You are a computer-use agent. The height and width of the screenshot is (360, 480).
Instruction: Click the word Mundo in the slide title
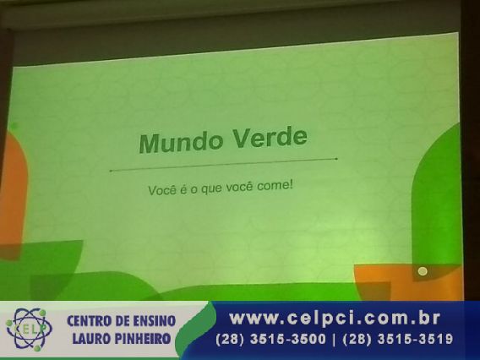tap(181, 142)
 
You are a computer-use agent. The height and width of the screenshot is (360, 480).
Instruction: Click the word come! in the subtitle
tap(275, 186)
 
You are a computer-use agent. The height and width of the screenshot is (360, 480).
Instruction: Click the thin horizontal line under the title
tap(223, 165)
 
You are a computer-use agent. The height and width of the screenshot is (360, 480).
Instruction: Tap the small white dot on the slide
tap(423, 271)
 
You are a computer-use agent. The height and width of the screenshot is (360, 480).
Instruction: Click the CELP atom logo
tap(28, 330)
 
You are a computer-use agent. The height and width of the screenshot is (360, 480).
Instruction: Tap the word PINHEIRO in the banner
tap(142, 339)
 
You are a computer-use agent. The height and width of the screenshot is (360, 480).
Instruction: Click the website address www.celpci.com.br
tap(335, 318)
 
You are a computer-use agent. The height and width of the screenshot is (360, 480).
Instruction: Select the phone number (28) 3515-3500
tap(271, 339)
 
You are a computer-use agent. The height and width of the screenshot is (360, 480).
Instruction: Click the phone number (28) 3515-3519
tap(398, 339)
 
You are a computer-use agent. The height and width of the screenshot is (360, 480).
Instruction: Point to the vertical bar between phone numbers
tap(335, 340)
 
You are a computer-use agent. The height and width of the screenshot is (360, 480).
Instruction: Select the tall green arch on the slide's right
tap(437, 199)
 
